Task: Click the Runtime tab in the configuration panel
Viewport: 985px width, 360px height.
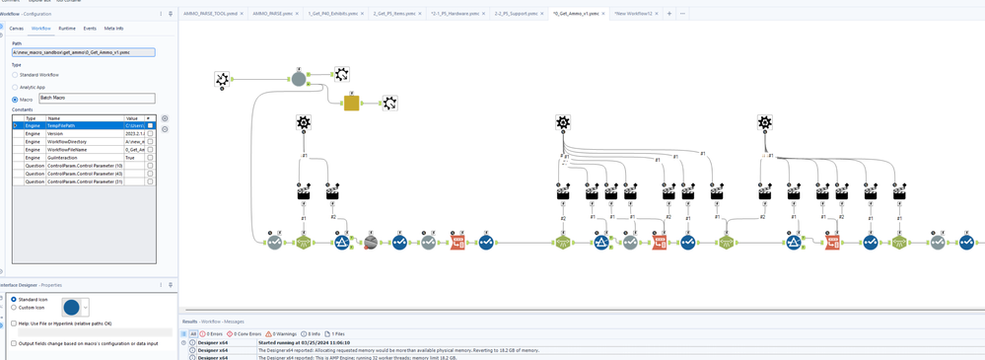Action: (x=67, y=29)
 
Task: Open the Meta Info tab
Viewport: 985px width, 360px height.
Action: (x=113, y=29)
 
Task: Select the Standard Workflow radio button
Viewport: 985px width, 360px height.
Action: (x=15, y=75)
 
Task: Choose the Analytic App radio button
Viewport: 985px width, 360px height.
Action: (x=15, y=87)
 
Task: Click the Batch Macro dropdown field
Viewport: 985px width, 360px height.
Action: (x=97, y=99)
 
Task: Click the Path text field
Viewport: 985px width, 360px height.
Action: (x=83, y=52)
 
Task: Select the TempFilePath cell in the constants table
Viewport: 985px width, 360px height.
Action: (x=84, y=126)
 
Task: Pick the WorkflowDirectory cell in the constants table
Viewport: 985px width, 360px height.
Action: (x=84, y=142)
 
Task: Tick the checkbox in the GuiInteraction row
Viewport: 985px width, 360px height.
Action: (x=150, y=158)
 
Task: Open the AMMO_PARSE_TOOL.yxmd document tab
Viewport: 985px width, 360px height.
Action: (x=210, y=14)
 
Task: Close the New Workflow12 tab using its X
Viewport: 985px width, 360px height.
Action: (x=657, y=14)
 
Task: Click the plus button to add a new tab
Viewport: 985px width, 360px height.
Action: (x=669, y=14)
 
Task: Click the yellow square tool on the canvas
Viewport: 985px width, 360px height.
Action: (x=351, y=103)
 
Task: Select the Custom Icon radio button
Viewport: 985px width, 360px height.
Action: (x=14, y=308)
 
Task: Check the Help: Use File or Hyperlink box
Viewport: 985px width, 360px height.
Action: (x=14, y=324)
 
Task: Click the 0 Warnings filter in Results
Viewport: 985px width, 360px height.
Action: (x=281, y=334)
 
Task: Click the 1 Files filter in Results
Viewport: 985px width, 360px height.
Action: (x=336, y=334)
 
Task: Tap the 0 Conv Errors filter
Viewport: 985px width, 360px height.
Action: (x=245, y=334)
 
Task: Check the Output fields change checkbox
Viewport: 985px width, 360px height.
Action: (x=14, y=343)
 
